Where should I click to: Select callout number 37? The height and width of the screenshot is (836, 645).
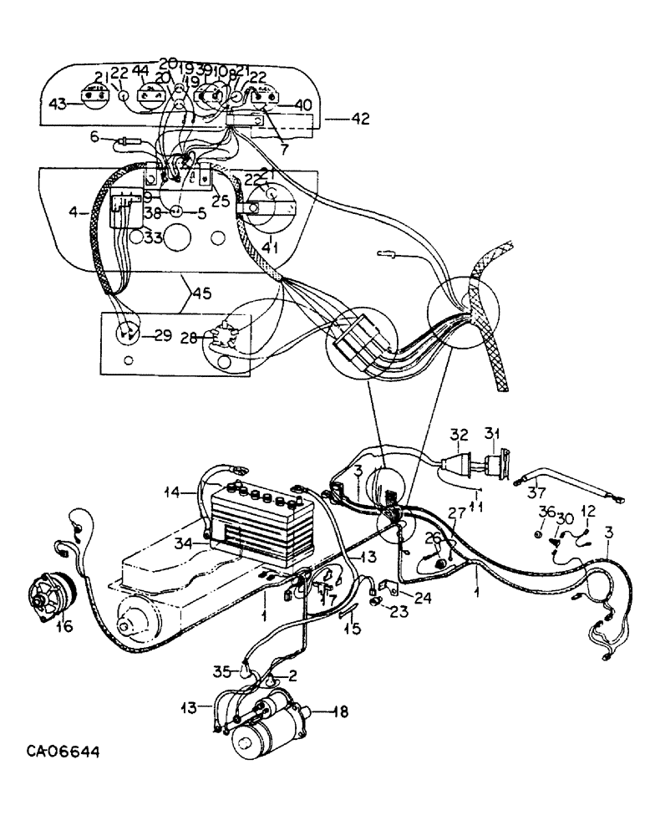(x=536, y=491)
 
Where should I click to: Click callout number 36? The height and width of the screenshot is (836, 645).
(x=546, y=512)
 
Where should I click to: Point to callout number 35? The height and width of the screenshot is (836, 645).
(x=220, y=670)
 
